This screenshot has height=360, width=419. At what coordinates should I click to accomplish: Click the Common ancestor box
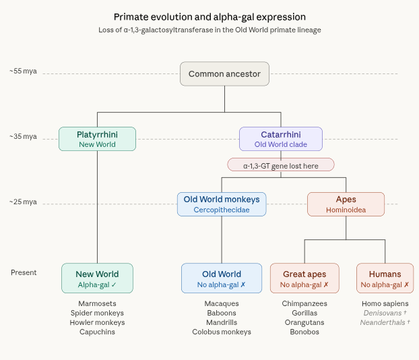[224, 74]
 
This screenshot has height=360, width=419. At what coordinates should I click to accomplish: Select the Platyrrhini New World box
[97, 139]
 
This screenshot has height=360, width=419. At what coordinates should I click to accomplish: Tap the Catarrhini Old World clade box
[280, 139]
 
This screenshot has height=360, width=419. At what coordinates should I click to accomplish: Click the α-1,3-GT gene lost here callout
[280, 164]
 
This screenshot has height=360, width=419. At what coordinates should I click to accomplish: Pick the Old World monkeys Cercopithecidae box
[222, 204]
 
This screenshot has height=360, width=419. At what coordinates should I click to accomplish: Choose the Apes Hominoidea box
[346, 204]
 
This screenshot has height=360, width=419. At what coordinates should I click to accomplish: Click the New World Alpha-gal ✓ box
[97, 278]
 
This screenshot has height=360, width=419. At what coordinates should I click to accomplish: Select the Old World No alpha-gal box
[222, 278]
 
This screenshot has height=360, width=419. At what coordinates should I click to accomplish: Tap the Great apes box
[304, 278]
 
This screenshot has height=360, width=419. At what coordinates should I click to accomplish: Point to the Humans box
[385, 278]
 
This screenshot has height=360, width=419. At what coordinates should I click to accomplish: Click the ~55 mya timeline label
[23, 71]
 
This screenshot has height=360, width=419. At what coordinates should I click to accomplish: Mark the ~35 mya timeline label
[23, 136]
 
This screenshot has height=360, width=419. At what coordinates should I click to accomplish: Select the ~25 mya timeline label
[23, 202]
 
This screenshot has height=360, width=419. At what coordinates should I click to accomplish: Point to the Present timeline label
[24, 272]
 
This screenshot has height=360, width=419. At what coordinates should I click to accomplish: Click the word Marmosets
[97, 303]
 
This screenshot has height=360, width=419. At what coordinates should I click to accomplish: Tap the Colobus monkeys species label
[222, 332]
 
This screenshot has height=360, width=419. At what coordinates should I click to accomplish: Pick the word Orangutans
[304, 322]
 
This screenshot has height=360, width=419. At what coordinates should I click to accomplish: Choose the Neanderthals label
[385, 322]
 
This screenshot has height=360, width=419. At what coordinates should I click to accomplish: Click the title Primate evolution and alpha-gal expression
[209, 16]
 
